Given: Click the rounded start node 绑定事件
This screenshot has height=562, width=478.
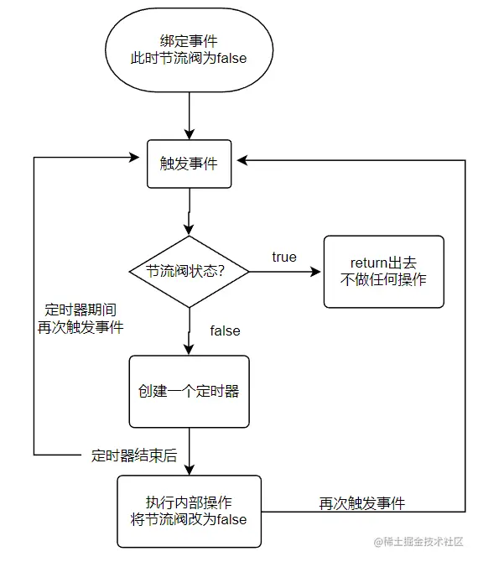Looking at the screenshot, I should pos(190,50).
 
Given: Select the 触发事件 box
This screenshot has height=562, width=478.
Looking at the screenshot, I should pos(190,163).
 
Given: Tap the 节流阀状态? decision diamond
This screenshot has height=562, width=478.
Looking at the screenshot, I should pos(190,271).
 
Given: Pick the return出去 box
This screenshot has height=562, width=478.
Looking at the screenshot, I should pos(383,271).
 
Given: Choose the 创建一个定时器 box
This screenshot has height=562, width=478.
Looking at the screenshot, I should pos(190,391).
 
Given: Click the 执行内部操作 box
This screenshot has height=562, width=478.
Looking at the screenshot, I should pos(190,510).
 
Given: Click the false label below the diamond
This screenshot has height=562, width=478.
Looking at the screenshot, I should pos(225,330).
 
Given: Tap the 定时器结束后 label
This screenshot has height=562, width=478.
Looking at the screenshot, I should pos(134,456).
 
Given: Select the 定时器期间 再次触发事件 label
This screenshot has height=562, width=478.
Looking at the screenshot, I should pos(81,318).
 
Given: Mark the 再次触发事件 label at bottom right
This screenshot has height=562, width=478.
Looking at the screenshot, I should pos(361,503).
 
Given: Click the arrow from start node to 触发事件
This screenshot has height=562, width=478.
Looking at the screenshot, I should pos(190,112).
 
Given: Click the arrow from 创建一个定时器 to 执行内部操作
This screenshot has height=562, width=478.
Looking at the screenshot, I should pos(190,451).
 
